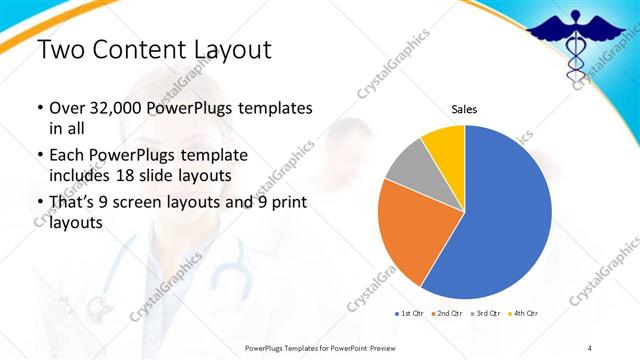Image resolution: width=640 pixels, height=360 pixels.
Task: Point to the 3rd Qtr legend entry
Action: point(487,314)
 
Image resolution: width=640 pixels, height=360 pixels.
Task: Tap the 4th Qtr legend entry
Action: point(526,314)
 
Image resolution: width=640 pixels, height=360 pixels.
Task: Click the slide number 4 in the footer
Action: point(590,347)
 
